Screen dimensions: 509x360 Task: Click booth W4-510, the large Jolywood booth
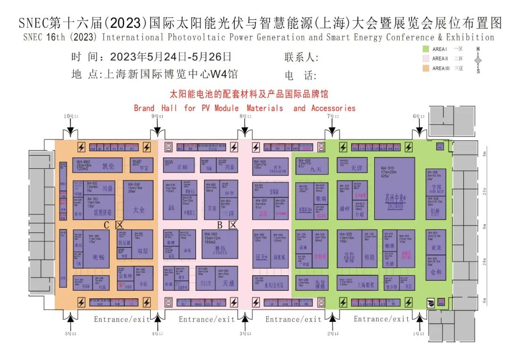coord(394,188)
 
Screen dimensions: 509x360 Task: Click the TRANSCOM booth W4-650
coord(271,168)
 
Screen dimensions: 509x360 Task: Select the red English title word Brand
coord(144,108)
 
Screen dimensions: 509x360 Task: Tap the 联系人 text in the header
coord(302,57)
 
